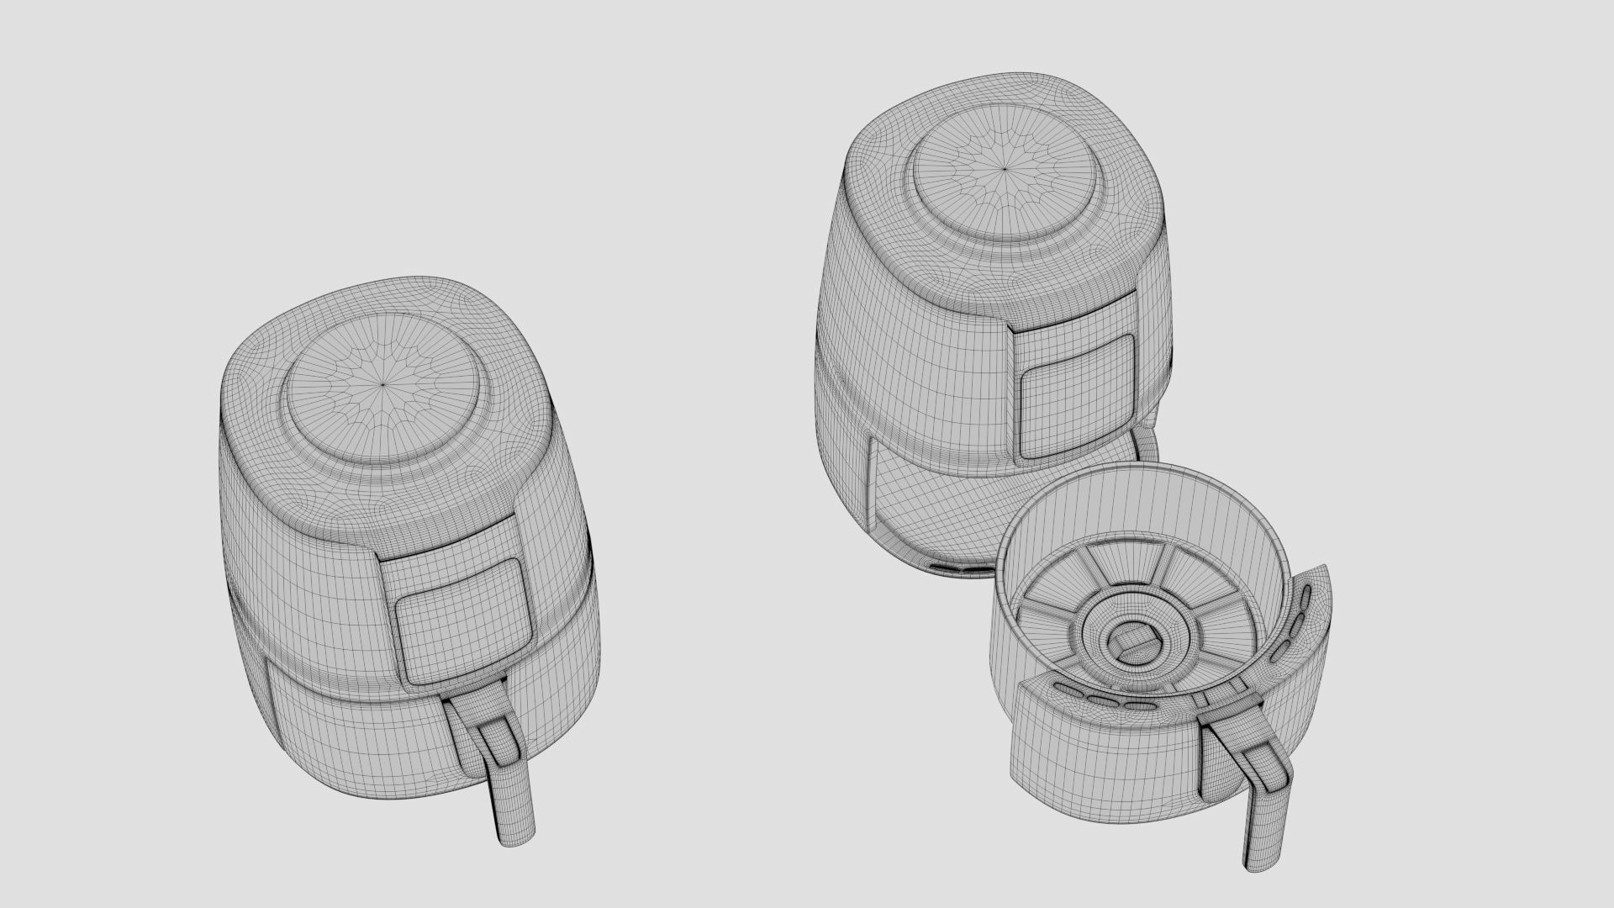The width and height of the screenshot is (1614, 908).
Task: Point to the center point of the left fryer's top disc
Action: pos(382,384)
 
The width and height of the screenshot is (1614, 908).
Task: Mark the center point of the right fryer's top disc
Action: pos(1006,168)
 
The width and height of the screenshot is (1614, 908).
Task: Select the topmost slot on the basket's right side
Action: pos(1305,598)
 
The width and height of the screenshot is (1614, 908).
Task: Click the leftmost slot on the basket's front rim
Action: pos(1069,688)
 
